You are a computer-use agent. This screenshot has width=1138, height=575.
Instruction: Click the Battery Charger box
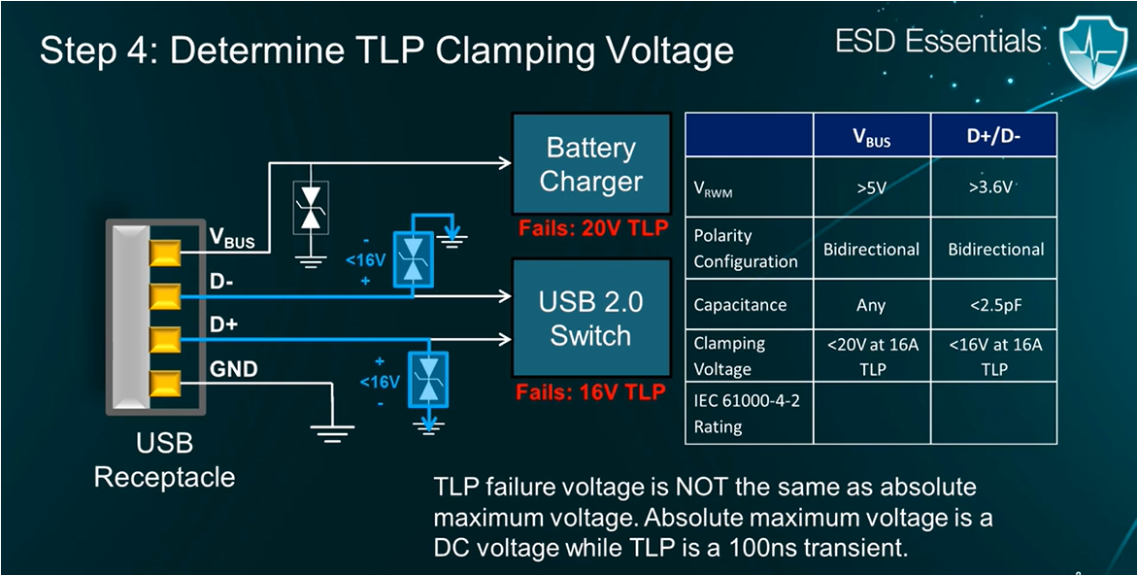(590, 164)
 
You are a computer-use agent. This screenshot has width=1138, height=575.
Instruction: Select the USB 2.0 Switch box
(590, 319)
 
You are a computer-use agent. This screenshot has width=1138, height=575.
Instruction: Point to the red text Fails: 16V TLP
(590, 392)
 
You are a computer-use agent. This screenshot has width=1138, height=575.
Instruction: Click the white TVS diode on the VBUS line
(311, 207)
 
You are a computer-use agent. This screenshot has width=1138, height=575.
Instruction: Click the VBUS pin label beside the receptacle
(232, 238)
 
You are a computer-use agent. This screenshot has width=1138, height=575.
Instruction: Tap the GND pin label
(233, 369)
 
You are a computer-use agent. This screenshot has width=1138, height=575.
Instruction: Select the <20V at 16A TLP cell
(871, 355)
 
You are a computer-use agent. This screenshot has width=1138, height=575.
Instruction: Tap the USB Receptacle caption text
(164, 461)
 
